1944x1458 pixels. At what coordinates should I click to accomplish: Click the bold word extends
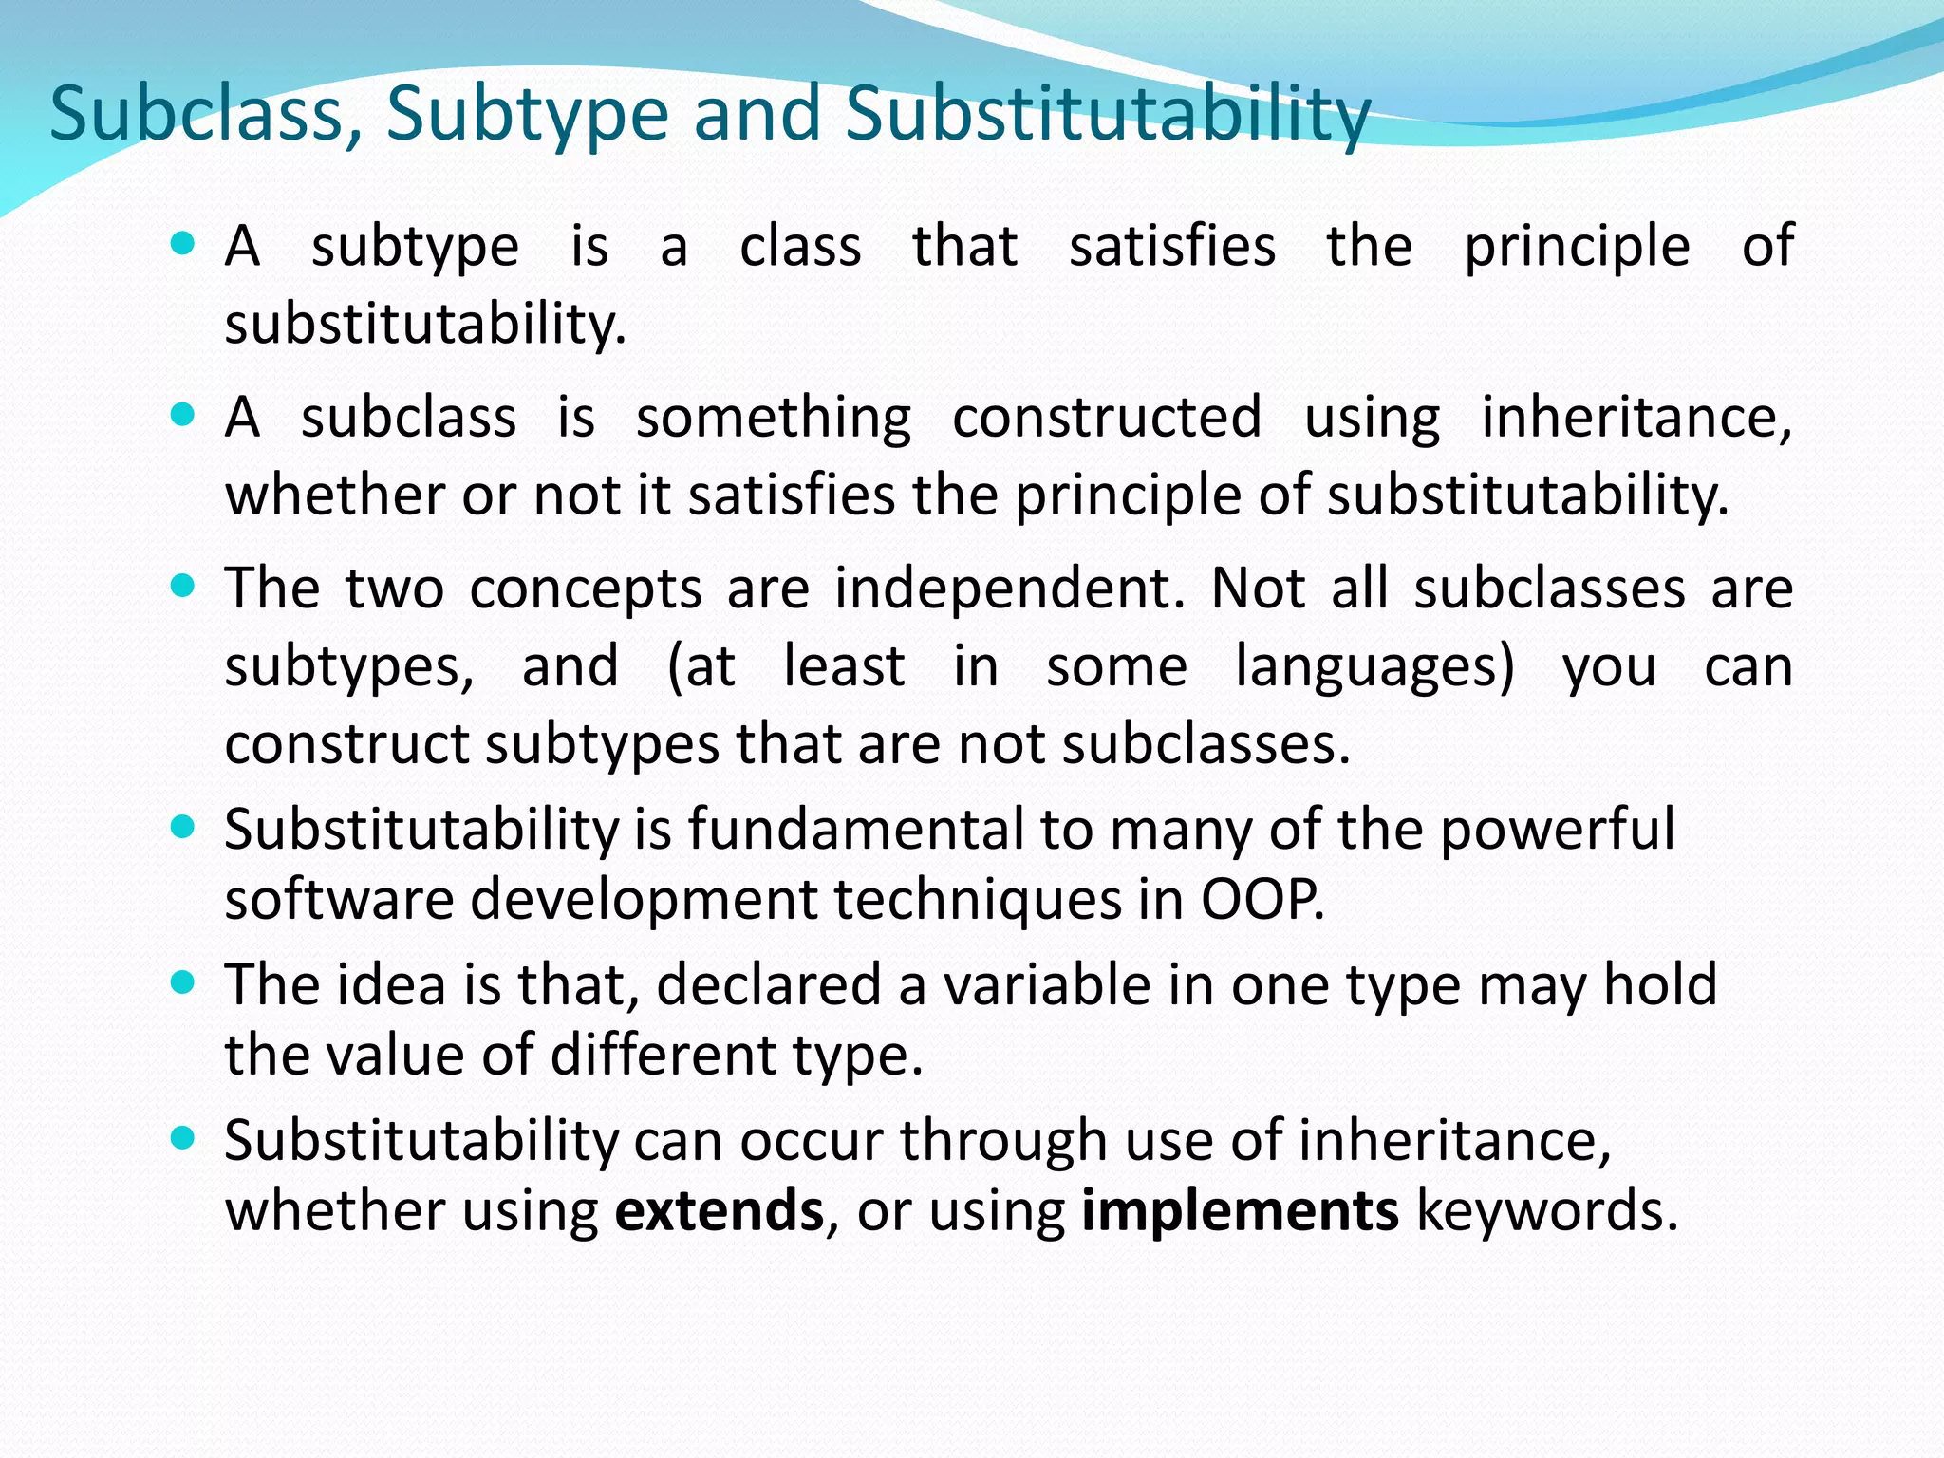coord(720,1210)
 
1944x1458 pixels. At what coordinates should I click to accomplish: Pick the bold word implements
coord(1240,1212)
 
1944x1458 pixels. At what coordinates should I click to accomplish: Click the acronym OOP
coord(1262,898)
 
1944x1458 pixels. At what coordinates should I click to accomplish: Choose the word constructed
coord(1107,417)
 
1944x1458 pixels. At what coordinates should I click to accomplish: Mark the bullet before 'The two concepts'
coord(182,586)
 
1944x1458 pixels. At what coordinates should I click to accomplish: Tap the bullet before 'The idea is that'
coord(182,981)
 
